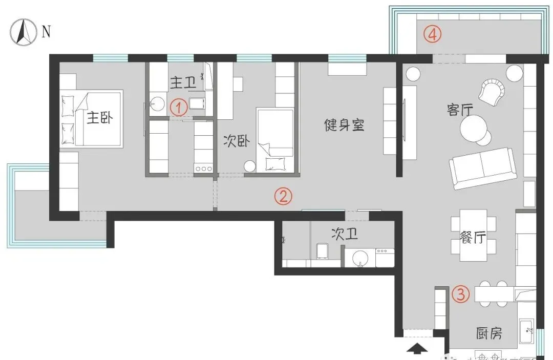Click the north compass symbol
23,32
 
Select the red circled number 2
284,196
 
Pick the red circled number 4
433,35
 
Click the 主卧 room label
99,118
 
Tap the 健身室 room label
345,124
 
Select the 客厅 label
459,110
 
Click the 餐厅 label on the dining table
473,238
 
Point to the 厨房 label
488,334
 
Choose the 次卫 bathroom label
344,235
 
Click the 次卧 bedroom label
236,141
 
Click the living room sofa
482,167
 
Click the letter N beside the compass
46,32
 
